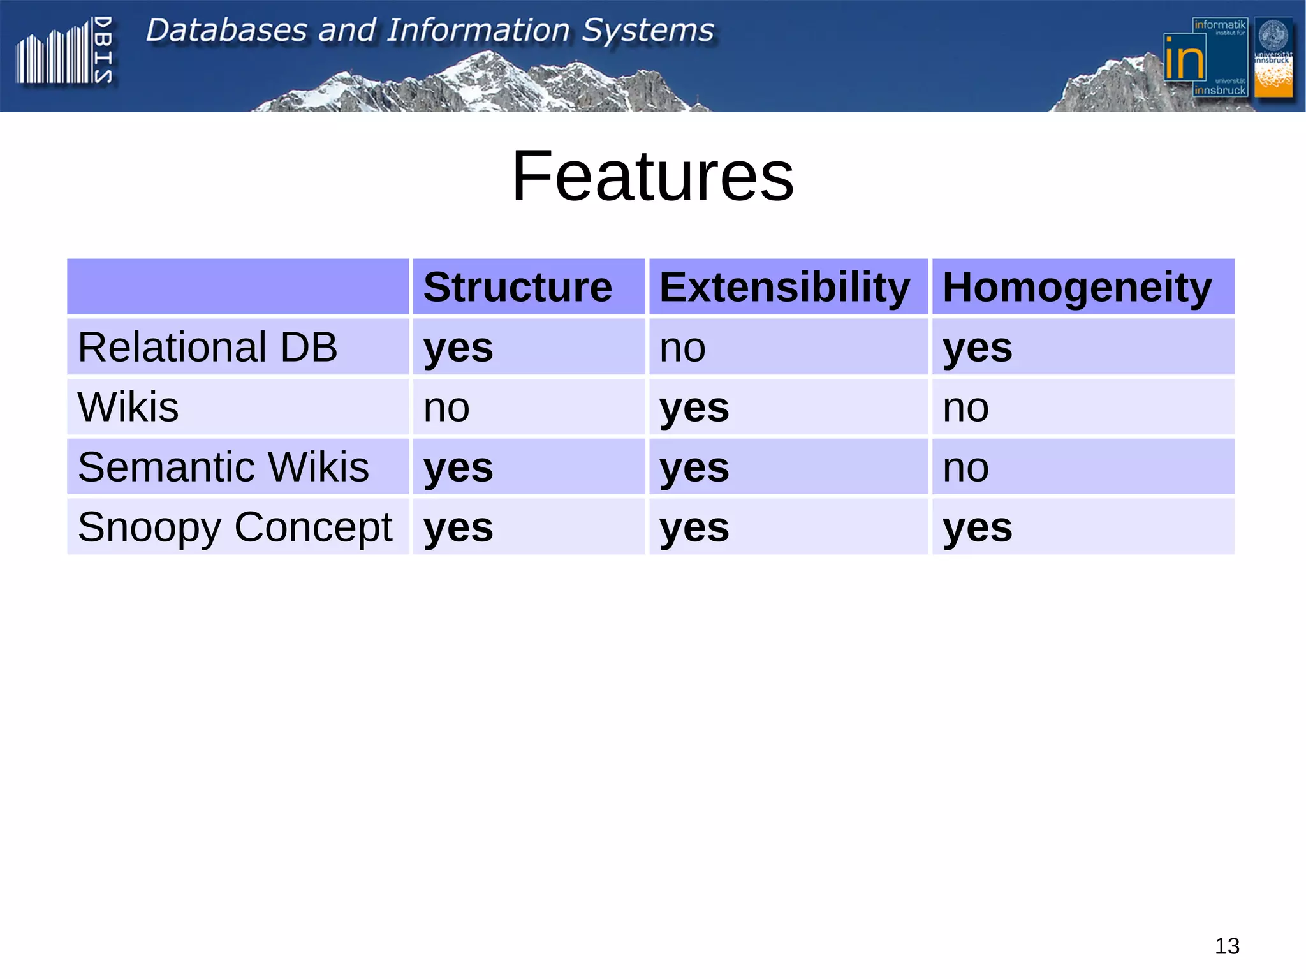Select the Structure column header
(x=517, y=287)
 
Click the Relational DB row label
(x=207, y=347)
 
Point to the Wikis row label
(x=128, y=407)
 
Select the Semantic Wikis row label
(x=223, y=467)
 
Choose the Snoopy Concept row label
(x=235, y=527)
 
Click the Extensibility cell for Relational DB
(x=682, y=348)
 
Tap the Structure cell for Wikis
(x=446, y=408)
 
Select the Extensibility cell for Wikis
(x=694, y=408)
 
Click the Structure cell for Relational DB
(x=458, y=348)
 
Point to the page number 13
(x=1226, y=946)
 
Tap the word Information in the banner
(x=478, y=30)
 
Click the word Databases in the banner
(x=226, y=30)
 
